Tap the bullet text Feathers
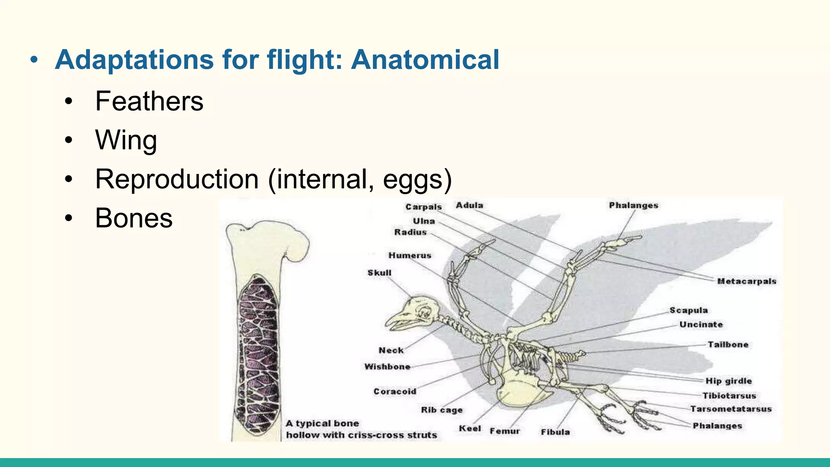tap(149, 101)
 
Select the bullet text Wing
tap(126, 140)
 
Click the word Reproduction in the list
tap(177, 179)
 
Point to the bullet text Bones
tap(134, 218)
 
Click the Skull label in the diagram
tap(379, 273)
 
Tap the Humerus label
tap(410, 255)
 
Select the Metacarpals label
tap(747, 281)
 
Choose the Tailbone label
tap(728, 345)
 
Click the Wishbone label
tap(387, 367)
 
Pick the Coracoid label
tap(395, 392)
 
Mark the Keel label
tap(470, 428)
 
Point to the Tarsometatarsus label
tap(731, 409)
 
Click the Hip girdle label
tap(728, 381)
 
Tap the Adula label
tap(469, 206)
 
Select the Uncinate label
tap(701, 325)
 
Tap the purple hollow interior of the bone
tap(259, 353)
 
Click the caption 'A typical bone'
tap(322, 424)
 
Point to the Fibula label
tap(555, 432)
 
